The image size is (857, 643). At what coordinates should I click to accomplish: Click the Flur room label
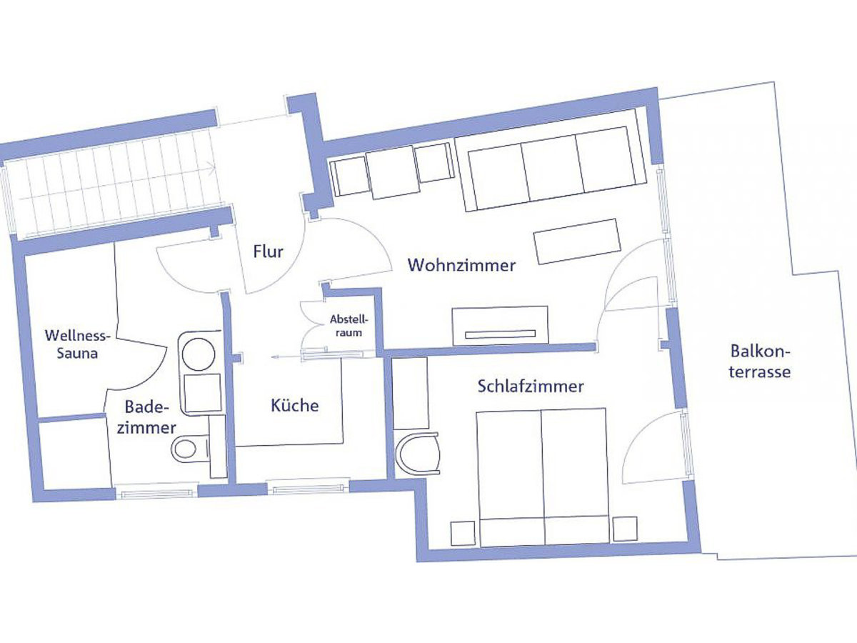pos(269,251)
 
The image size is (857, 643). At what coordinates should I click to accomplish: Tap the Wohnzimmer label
pos(461,265)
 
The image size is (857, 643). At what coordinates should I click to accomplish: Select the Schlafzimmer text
pos(531,387)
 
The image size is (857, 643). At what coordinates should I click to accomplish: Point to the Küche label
pos(294,406)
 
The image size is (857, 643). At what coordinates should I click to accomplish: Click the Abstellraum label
pos(346,326)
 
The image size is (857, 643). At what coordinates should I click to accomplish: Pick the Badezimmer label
pos(150,417)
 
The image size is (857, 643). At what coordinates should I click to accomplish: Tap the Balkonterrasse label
pos(760,361)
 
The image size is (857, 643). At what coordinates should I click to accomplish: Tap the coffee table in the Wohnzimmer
pos(577,241)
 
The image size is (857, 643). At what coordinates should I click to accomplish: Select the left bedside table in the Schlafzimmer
pos(462,532)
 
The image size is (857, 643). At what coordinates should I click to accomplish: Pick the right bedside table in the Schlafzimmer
pos(624,528)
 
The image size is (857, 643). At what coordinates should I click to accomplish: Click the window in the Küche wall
pos(309,489)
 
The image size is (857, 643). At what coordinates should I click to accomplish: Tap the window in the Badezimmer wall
pos(156,491)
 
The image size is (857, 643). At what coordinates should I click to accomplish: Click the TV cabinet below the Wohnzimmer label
pos(500,325)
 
